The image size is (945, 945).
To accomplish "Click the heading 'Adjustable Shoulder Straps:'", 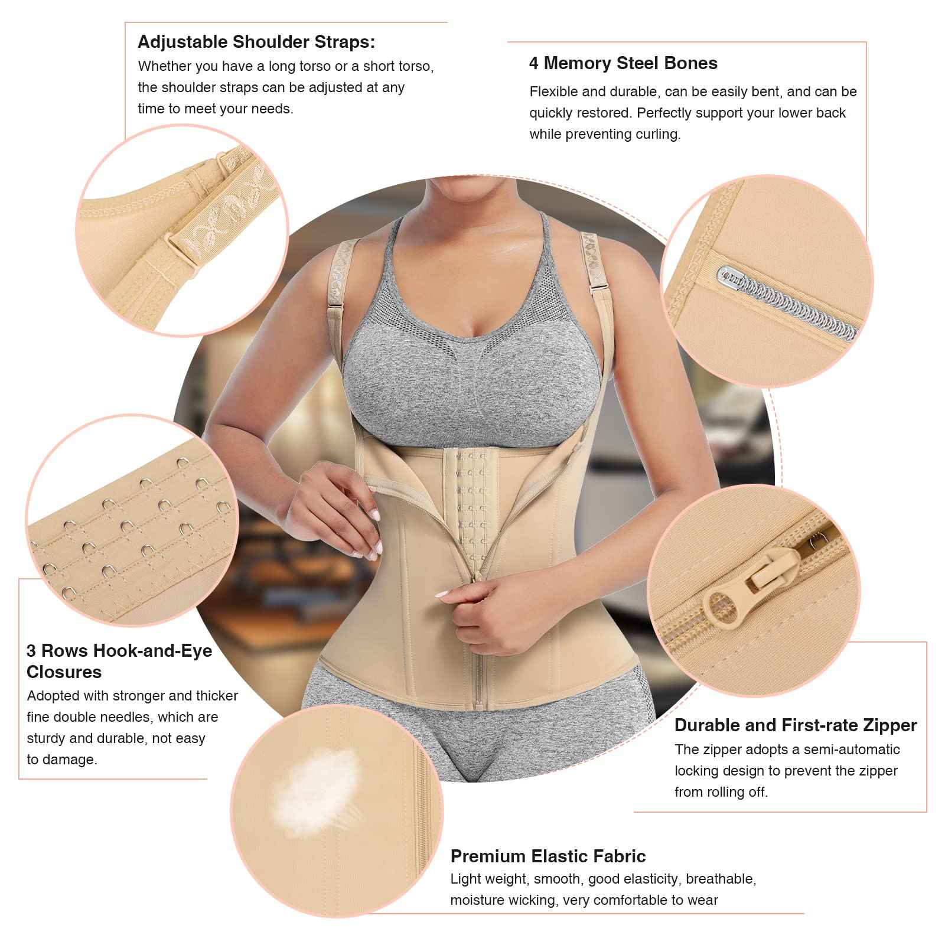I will pyautogui.click(x=256, y=42).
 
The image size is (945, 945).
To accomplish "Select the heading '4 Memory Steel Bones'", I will pyautogui.click(x=623, y=63).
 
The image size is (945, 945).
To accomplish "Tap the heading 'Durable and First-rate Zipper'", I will pyautogui.click(x=795, y=725).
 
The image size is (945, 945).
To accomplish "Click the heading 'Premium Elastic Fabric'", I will pyautogui.click(x=548, y=856).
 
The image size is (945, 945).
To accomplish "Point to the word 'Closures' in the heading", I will pyautogui.click(x=64, y=672).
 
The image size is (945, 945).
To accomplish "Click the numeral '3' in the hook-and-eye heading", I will pyautogui.click(x=31, y=651).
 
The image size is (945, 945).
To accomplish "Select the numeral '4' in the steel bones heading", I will pyautogui.click(x=534, y=63).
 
